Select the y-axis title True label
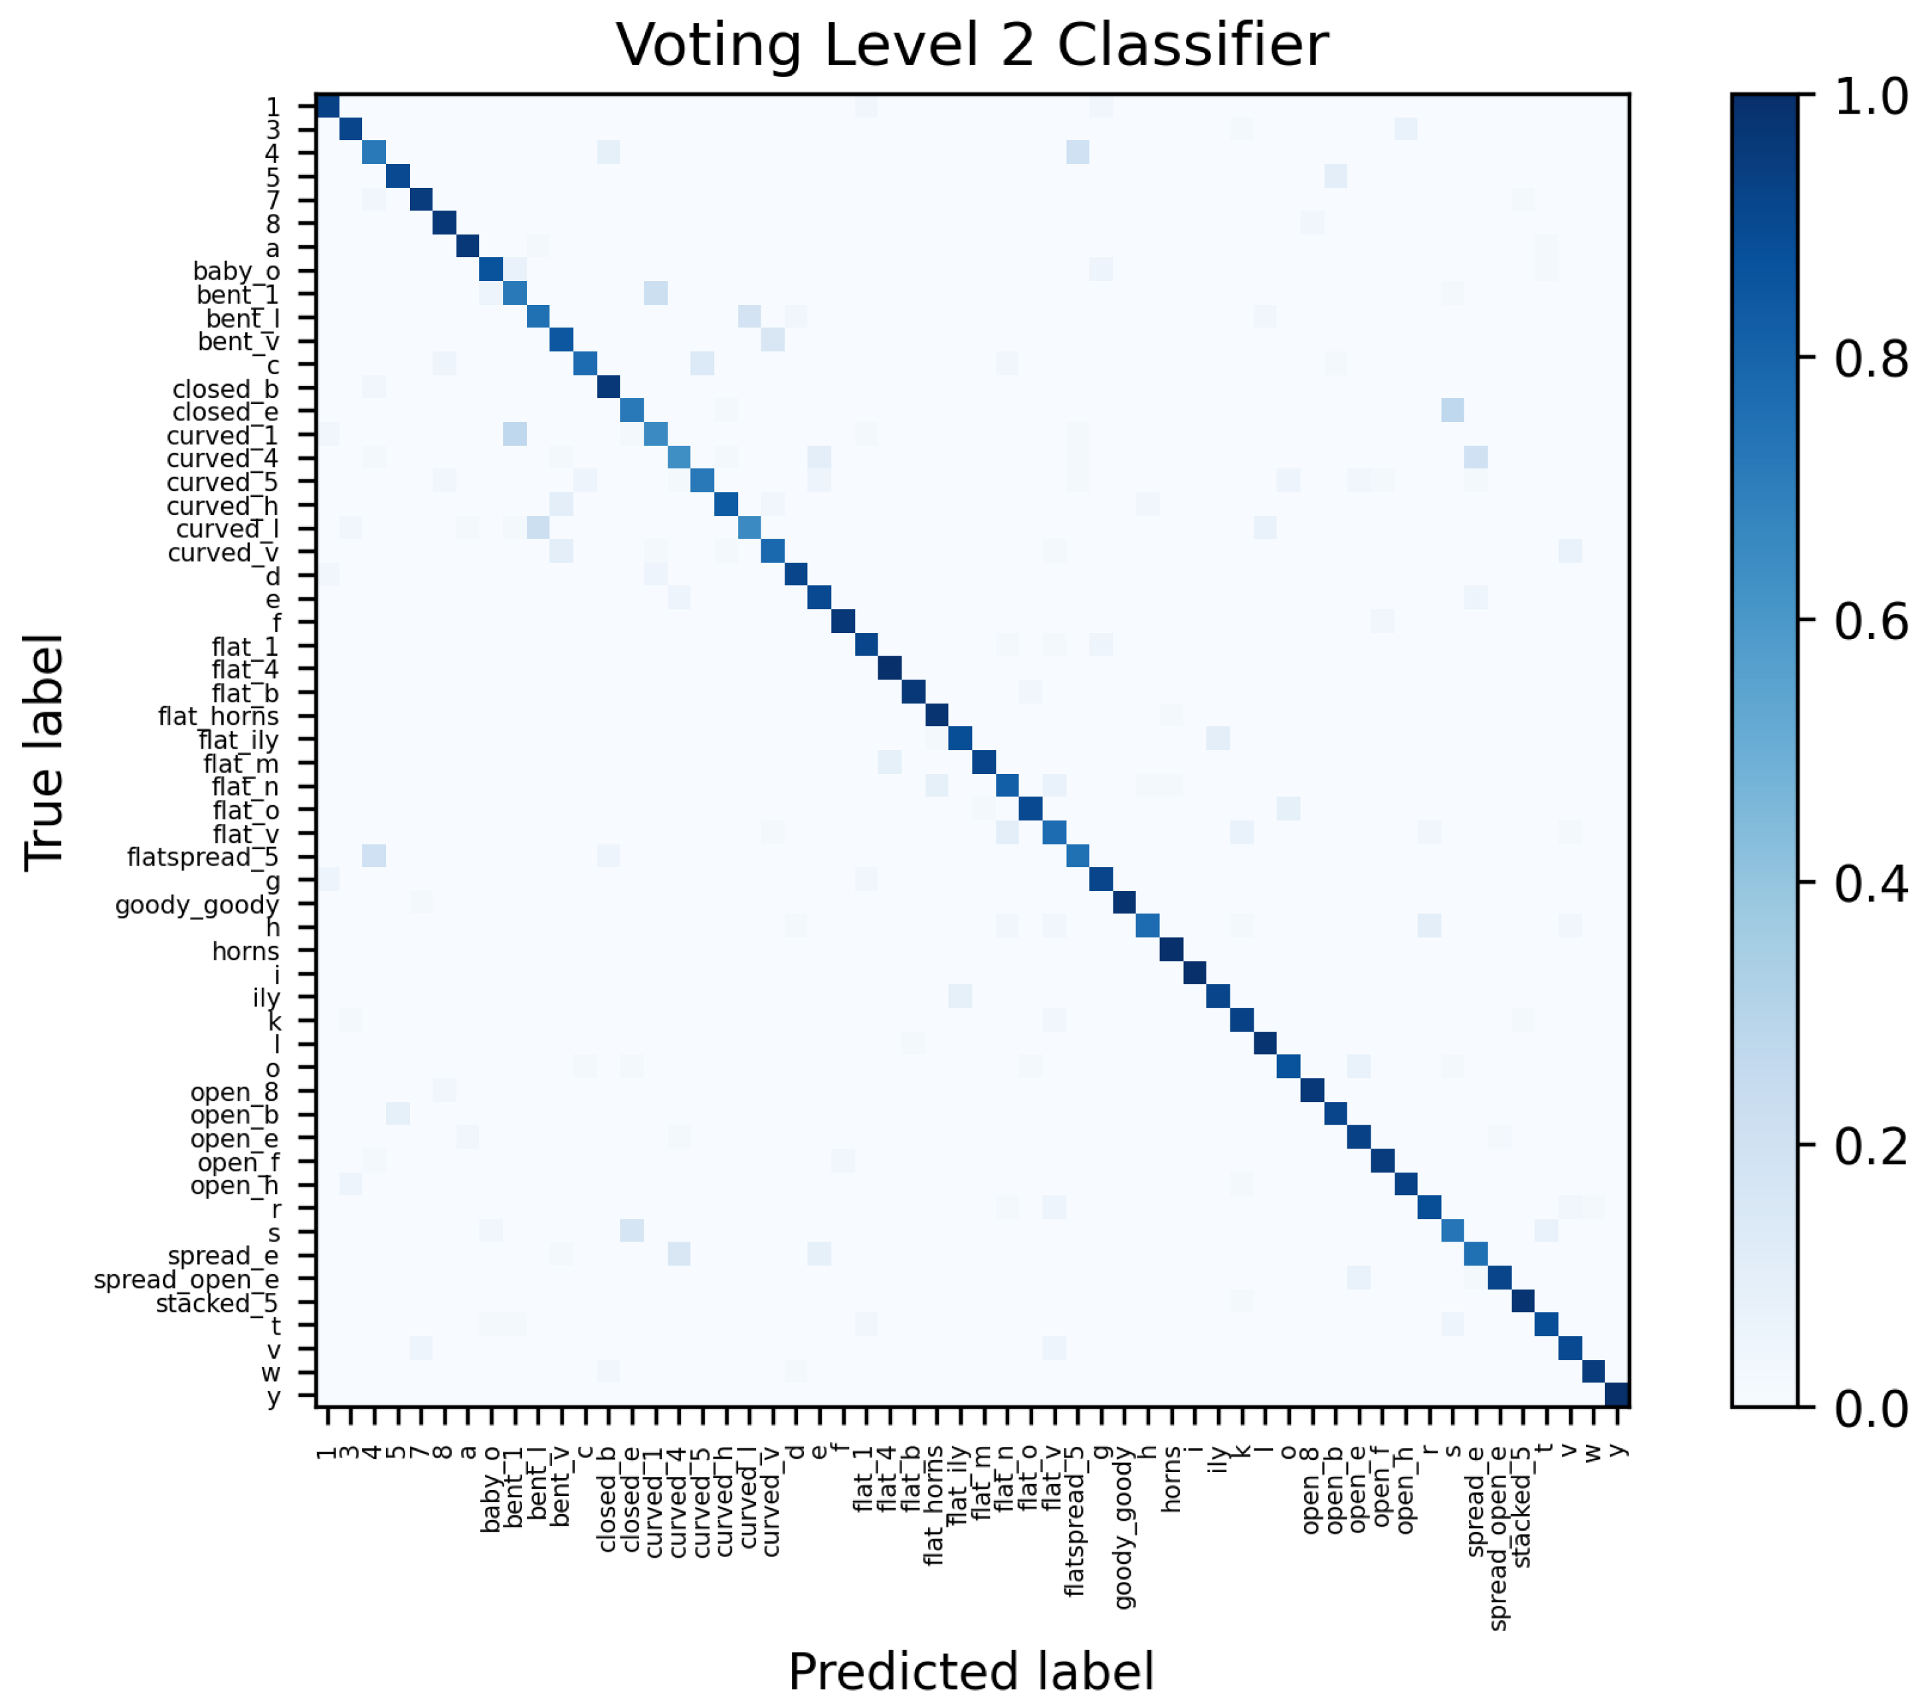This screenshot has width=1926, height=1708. pyautogui.click(x=45, y=753)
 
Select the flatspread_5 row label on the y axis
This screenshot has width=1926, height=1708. pyautogui.click(x=203, y=857)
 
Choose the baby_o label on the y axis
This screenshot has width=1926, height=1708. pyautogui.click(x=236, y=271)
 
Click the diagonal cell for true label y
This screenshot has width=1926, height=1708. pyautogui.click(x=1617, y=1394)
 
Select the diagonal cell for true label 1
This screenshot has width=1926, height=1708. pyautogui.click(x=327, y=106)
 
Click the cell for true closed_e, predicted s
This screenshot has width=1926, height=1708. pyautogui.click(x=1453, y=410)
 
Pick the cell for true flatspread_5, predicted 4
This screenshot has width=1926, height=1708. pyautogui.click(x=374, y=856)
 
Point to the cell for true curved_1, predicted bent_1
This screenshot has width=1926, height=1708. pyautogui.click(x=514, y=433)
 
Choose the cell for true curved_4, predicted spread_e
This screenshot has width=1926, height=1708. pyautogui.click(x=1476, y=457)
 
